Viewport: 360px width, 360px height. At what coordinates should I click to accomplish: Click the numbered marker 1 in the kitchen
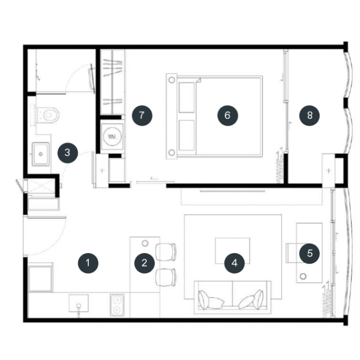(88, 263)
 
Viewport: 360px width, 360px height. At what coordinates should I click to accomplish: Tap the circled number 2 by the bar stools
(145, 263)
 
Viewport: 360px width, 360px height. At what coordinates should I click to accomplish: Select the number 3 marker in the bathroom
(67, 152)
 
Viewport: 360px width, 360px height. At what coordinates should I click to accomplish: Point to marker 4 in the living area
(235, 263)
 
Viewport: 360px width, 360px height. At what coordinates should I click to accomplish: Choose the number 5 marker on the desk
(309, 253)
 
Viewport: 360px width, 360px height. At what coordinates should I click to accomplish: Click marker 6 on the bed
(227, 115)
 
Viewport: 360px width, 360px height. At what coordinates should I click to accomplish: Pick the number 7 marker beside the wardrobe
(142, 115)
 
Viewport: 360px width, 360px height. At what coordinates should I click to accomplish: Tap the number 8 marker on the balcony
(309, 115)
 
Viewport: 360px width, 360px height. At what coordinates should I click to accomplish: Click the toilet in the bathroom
(47, 115)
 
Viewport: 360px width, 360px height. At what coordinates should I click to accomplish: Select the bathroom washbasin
(40, 154)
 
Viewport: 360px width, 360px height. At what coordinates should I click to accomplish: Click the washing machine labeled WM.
(112, 137)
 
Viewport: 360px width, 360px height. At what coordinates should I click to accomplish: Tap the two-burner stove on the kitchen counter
(117, 305)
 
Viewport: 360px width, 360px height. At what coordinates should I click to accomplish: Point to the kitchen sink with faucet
(79, 304)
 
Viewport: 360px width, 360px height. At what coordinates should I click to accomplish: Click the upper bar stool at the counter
(166, 252)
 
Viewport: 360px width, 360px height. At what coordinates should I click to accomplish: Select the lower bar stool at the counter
(166, 277)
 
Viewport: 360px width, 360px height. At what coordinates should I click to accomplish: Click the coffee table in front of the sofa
(232, 251)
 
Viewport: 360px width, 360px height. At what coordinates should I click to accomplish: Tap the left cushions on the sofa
(211, 300)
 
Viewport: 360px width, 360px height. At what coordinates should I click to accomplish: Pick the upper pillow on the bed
(187, 97)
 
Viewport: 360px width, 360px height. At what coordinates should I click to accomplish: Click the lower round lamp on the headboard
(172, 152)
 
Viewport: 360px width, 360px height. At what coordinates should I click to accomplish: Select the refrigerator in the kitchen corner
(40, 277)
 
